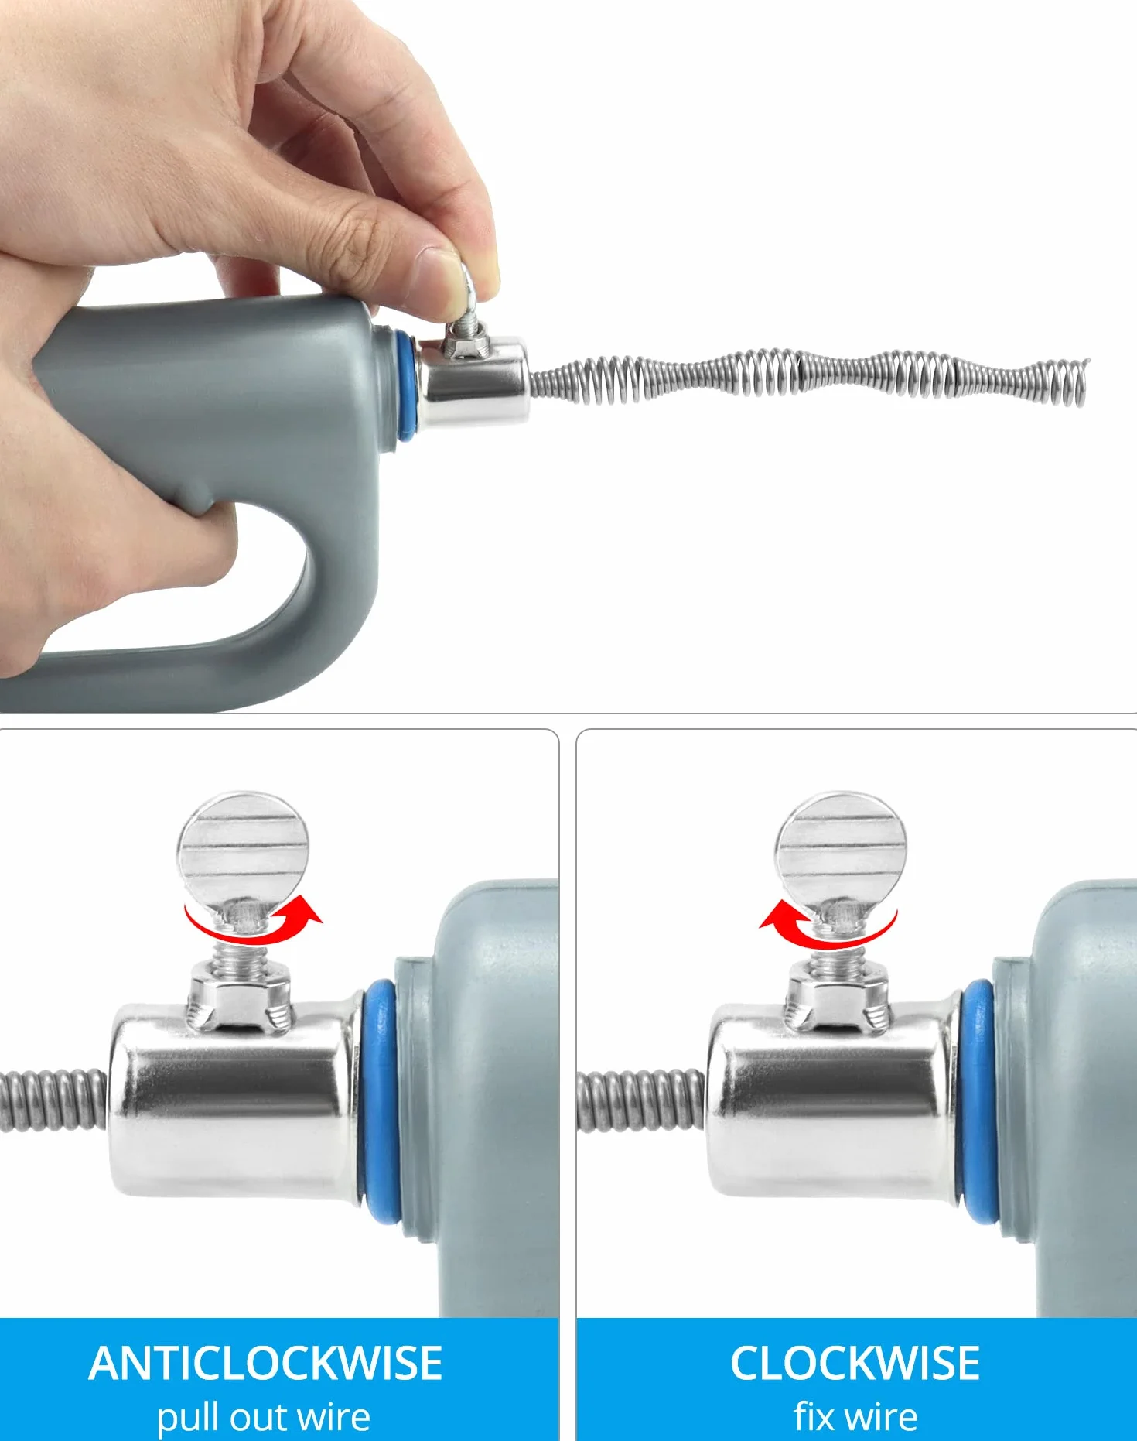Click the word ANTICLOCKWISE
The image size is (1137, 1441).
pyautogui.click(x=265, y=1364)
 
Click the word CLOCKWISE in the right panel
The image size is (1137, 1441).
pyautogui.click(x=855, y=1364)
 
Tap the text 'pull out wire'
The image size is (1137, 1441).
pyautogui.click(x=264, y=1416)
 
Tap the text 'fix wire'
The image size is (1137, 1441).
pyautogui.click(x=855, y=1415)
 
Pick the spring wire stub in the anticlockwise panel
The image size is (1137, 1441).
pyautogui.click(x=53, y=1100)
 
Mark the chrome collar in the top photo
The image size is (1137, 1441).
pyautogui.click(x=473, y=382)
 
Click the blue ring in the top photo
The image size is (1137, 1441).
pyautogui.click(x=404, y=385)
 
